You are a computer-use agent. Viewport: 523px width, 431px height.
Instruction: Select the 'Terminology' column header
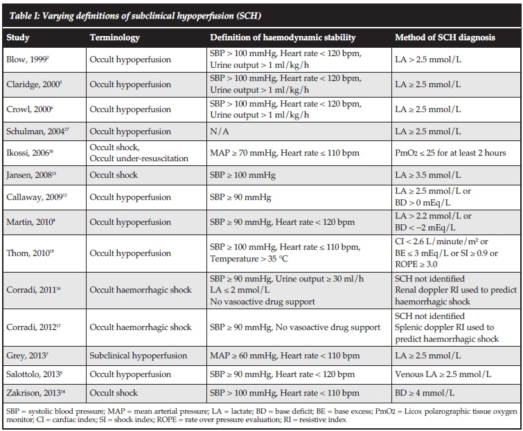[114, 38]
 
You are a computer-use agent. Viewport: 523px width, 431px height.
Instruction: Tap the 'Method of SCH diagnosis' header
[445, 38]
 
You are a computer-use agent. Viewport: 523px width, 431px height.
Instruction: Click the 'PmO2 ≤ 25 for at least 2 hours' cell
[450, 153]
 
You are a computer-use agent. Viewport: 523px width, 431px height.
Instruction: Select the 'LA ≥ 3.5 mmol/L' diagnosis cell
[429, 174]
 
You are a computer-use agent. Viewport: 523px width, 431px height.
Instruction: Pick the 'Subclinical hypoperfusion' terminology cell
[139, 356]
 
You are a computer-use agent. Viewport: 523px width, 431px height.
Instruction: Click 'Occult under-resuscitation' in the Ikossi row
[139, 158]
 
